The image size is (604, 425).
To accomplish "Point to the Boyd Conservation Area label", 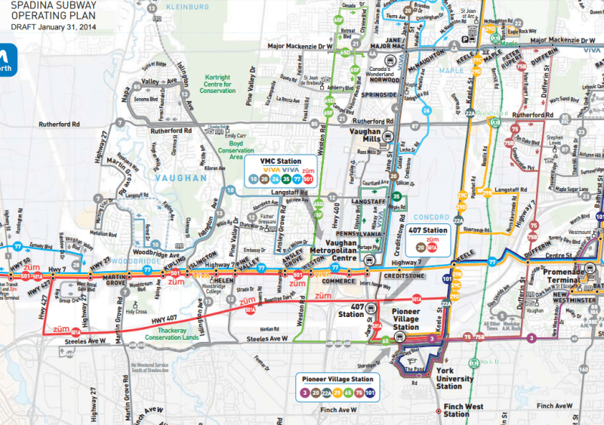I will (236, 149).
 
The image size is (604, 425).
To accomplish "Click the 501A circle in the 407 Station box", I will (432, 247).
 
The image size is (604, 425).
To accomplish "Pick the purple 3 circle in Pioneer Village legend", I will (303, 393).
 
